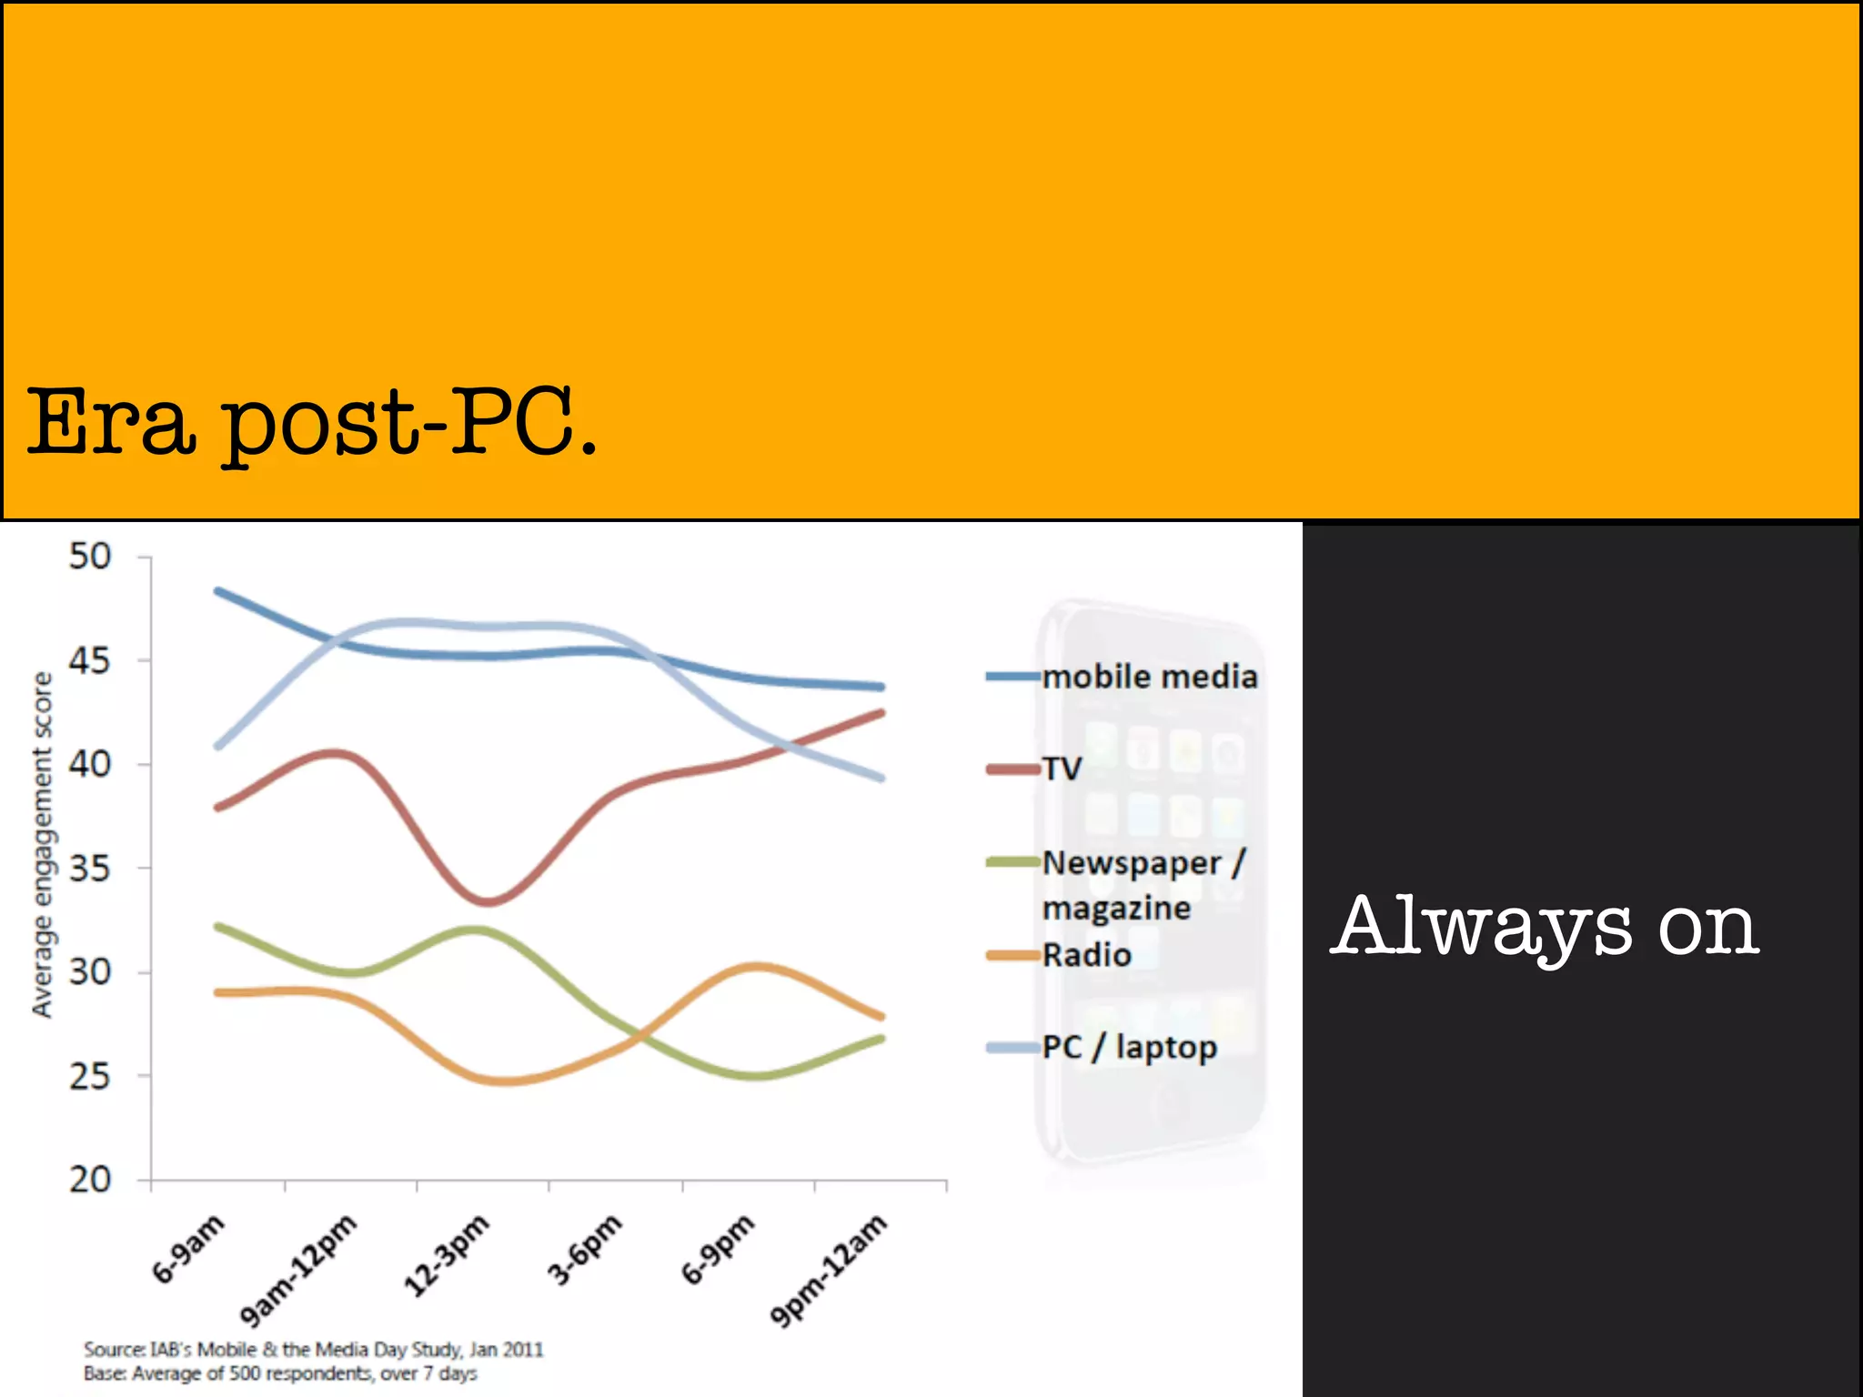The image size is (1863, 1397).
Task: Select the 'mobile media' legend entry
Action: pyautogui.click(x=1149, y=677)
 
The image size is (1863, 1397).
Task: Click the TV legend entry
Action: pyautogui.click(x=1062, y=769)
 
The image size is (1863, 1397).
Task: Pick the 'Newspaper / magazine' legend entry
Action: pyautogui.click(x=1143, y=884)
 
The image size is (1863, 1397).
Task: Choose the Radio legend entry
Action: pyautogui.click(x=1086, y=955)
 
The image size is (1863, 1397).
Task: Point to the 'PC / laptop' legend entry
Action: pyautogui.click(x=1128, y=1047)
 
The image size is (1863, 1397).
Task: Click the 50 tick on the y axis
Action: pyautogui.click(x=90, y=557)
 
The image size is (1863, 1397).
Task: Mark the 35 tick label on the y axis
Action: pyautogui.click(x=90, y=869)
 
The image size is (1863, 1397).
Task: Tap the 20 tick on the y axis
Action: pyautogui.click(x=90, y=1180)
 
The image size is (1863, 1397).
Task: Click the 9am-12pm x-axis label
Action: pyautogui.click(x=297, y=1271)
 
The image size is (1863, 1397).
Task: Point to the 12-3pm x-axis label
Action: pyautogui.click(x=446, y=1255)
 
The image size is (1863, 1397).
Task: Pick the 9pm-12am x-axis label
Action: pyautogui.click(x=828, y=1271)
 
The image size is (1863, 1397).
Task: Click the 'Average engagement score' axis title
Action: pyautogui.click(x=42, y=845)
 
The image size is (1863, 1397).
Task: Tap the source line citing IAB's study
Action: pyautogui.click(x=314, y=1349)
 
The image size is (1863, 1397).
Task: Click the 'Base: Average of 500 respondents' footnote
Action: pyautogui.click(x=281, y=1373)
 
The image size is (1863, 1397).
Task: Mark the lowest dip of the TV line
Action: pyautogui.click(x=488, y=901)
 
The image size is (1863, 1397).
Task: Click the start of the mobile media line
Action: pyautogui.click(x=218, y=591)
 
